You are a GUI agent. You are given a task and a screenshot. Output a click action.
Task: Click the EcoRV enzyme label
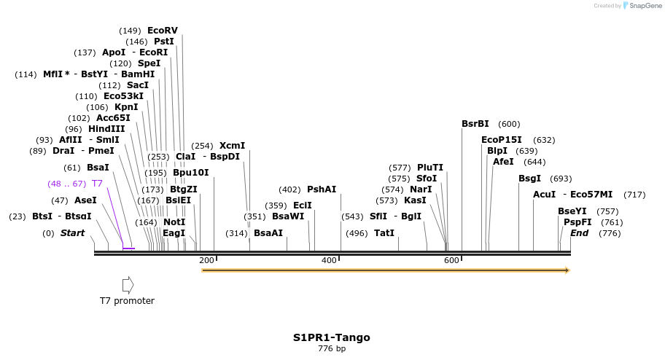pyautogui.click(x=162, y=31)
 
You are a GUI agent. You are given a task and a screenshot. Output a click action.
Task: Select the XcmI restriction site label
pyautogui.click(x=232, y=145)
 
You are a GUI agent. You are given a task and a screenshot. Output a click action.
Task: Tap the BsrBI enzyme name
pyautogui.click(x=475, y=124)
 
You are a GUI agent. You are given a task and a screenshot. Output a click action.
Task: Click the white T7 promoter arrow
pyautogui.click(x=128, y=284)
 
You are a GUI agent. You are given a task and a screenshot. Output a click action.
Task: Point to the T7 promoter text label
pyautogui.click(x=127, y=301)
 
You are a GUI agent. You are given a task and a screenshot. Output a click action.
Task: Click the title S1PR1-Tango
pyautogui.click(x=332, y=337)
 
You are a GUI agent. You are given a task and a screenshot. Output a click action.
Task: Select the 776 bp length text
pyautogui.click(x=332, y=349)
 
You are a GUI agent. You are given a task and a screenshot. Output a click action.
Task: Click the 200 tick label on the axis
pyautogui.click(x=206, y=260)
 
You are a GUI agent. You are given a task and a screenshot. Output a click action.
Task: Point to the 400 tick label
pyautogui.click(x=329, y=260)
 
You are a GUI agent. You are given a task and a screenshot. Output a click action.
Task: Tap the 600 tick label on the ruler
pyautogui.click(x=451, y=260)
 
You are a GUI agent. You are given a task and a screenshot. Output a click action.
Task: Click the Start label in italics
pyautogui.click(x=72, y=233)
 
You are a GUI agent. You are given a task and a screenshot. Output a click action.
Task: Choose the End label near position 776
pyautogui.click(x=579, y=233)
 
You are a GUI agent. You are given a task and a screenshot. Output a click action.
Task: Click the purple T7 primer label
pyautogui.click(x=97, y=184)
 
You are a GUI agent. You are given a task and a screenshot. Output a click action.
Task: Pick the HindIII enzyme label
pyautogui.click(x=106, y=129)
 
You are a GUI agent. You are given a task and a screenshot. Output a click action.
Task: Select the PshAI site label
pyautogui.click(x=322, y=189)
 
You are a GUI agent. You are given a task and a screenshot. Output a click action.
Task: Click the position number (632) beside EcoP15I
pyautogui.click(x=544, y=140)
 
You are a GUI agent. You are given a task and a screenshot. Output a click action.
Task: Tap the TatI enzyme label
pyautogui.click(x=384, y=233)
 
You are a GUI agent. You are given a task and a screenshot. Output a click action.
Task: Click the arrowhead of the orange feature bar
pyautogui.click(x=566, y=270)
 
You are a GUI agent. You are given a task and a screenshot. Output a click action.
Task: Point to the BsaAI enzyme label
pyautogui.click(x=268, y=233)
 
